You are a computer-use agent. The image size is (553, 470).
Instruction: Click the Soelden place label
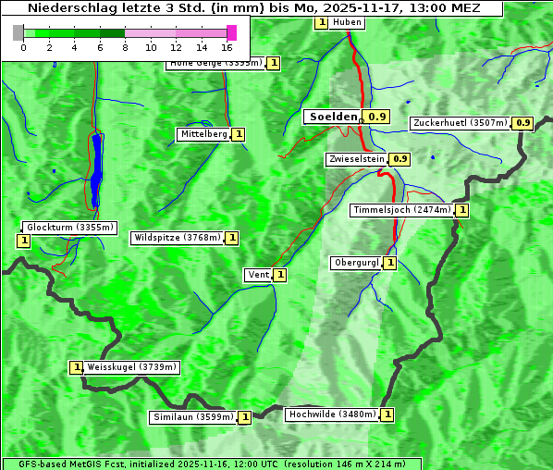pos(332,117)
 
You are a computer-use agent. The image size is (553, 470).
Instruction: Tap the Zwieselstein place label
pos(355,159)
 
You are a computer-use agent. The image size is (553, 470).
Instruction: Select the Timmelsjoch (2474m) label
pos(402,210)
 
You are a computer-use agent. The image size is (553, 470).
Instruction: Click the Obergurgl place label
pos(356,263)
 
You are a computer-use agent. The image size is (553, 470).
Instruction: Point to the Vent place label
pos(257,275)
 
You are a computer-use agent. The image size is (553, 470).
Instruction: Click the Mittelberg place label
pos(203,134)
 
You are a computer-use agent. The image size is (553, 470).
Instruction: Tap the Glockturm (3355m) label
pos(69,227)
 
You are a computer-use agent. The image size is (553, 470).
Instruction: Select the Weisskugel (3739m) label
pos(131,367)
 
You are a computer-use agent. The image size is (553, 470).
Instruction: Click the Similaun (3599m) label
pos(193,417)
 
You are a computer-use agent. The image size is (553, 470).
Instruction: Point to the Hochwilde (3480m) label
pos(331,414)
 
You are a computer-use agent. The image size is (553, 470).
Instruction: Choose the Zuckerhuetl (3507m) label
pos(461,123)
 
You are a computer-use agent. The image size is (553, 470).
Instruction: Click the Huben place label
pos(347,22)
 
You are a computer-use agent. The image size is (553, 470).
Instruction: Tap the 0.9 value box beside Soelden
pos(377,117)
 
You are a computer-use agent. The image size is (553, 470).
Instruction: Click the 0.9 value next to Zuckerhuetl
pos(523,123)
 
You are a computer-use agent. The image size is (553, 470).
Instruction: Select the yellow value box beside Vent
pos(279,275)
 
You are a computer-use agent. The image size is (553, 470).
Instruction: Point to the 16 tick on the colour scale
pos(227,46)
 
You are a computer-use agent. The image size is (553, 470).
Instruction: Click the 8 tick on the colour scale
pos(125,46)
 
